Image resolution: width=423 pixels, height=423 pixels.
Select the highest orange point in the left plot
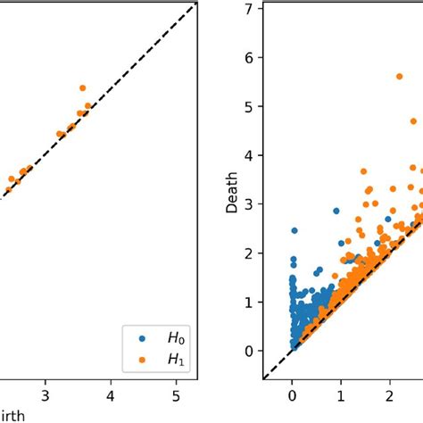82,88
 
